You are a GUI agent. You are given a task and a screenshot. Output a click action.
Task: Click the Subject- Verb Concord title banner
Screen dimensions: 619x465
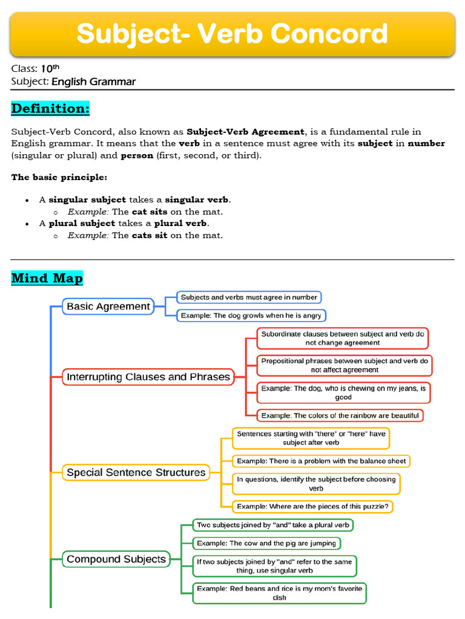232,34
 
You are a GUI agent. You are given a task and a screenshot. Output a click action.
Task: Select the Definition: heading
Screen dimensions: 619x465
50,109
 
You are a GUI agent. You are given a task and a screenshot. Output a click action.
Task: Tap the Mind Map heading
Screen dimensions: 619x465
47,278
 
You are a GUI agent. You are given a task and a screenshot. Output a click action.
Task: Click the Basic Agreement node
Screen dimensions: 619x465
108,306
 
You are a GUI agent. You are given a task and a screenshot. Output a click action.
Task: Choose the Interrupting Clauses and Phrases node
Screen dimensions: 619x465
148,377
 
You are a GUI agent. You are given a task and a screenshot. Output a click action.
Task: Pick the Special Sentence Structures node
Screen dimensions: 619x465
136,472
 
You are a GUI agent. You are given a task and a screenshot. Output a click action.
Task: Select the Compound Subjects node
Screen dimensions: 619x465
116,559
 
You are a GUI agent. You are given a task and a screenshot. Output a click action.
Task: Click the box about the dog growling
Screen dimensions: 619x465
251,316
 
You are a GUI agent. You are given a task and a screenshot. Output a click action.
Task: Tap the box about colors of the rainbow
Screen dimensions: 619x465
340,415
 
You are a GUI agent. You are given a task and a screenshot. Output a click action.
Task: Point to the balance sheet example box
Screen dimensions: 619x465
321,461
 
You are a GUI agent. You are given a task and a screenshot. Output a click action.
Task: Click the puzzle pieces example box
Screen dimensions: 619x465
312,506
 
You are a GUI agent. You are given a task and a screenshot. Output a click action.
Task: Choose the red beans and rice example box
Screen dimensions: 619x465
280,593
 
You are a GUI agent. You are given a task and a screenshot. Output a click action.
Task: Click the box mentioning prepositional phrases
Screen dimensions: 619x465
345,365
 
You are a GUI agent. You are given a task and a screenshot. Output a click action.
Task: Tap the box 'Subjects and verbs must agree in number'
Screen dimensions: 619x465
249,297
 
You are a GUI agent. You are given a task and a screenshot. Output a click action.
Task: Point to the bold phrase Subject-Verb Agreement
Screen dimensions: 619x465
245,132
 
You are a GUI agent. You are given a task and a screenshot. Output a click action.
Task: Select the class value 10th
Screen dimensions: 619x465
50,68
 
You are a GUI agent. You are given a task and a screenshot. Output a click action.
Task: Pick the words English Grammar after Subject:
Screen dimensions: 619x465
93,82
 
